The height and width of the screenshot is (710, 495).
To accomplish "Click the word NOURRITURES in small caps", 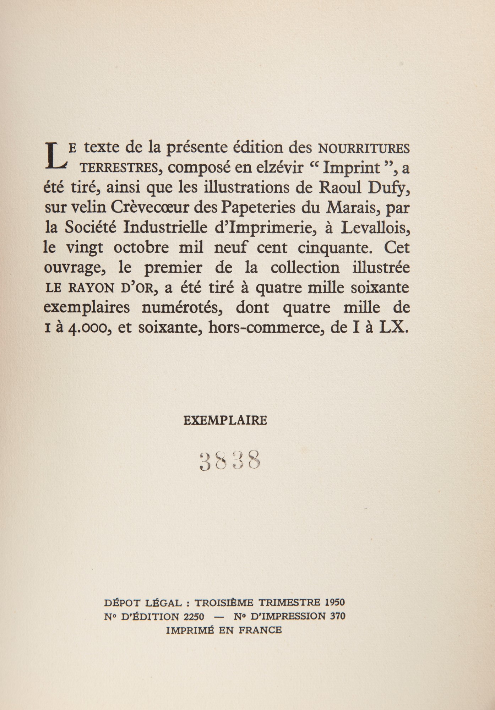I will click(x=364, y=149).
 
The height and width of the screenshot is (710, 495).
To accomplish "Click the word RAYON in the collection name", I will click(x=90, y=288).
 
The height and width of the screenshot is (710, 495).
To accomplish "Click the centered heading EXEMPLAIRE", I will click(x=225, y=421).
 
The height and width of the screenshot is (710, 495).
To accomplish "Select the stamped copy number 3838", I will click(x=230, y=461).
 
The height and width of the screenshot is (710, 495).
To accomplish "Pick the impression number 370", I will click(x=337, y=616).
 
